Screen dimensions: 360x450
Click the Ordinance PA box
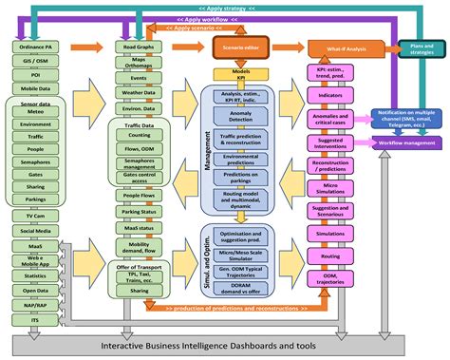pyautogui.click(x=35, y=45)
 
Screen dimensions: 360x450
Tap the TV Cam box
pyautogui.click(x=35, y=216)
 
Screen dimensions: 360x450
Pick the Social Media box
pyautogui.click(x=35, y=230)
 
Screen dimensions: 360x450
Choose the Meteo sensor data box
pyautogui.click(x=35, y=110)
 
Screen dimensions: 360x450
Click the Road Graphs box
pyautogui.click(x=139, y=45)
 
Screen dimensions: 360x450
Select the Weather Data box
pyautogui.click(x=139, y=93)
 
